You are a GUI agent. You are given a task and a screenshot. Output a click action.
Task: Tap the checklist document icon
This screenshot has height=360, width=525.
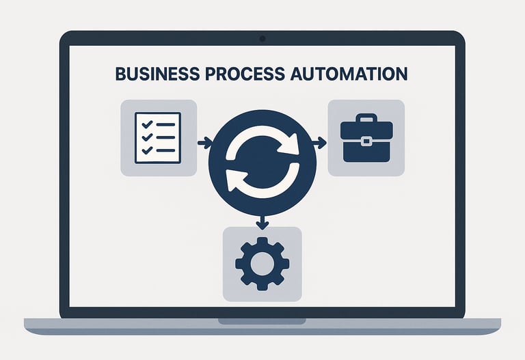[158, 137]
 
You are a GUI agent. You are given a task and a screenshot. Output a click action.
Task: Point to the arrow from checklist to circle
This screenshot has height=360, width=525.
[204, 143]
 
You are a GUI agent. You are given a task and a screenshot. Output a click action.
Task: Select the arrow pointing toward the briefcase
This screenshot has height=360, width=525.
[319, 143]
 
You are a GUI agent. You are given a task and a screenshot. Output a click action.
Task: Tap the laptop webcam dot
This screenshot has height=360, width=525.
[262, 39]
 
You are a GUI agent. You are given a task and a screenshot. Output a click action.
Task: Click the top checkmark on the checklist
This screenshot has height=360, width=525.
[144, 124]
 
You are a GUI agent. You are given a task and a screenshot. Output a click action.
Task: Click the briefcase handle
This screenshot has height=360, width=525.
[366, 118]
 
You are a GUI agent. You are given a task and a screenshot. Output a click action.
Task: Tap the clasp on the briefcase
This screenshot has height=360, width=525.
[366, 141]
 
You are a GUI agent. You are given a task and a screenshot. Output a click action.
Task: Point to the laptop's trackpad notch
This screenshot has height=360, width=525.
[262, 320]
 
